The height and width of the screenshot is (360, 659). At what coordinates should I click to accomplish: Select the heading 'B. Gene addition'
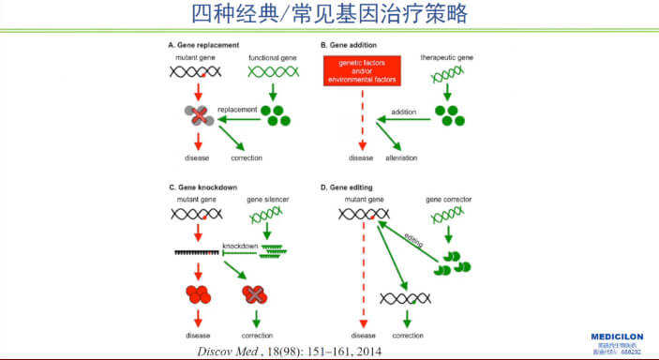coord(350,44)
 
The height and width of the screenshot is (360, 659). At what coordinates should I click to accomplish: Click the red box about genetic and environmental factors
coord(361,69)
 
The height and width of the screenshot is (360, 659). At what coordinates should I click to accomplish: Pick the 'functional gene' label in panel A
coord(272,58)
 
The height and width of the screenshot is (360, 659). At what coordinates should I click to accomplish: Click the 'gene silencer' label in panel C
coord(269,201)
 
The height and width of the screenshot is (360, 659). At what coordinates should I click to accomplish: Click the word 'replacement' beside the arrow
coord(237,109)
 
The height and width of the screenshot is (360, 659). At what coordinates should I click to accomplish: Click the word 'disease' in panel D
coord(363,335)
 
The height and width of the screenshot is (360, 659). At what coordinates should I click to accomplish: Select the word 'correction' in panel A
coord(246,157)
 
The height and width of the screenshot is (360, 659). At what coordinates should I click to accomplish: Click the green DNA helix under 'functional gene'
coord(272,71)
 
